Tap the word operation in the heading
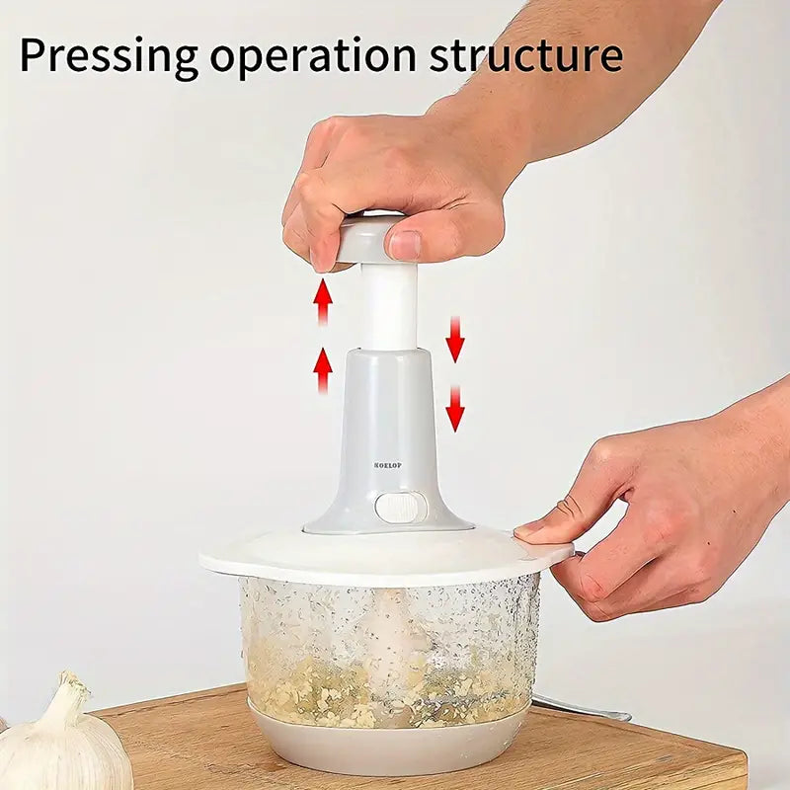pyautogui.click(x=312, y=57)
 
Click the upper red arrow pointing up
pyautogui.click(x=322, y=300)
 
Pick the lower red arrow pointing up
pyautogui.click(x=322, y=369)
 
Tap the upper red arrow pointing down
pyautogui.click(x=454, y=339)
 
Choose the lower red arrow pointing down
pyautogui.click(x=454, y=407)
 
